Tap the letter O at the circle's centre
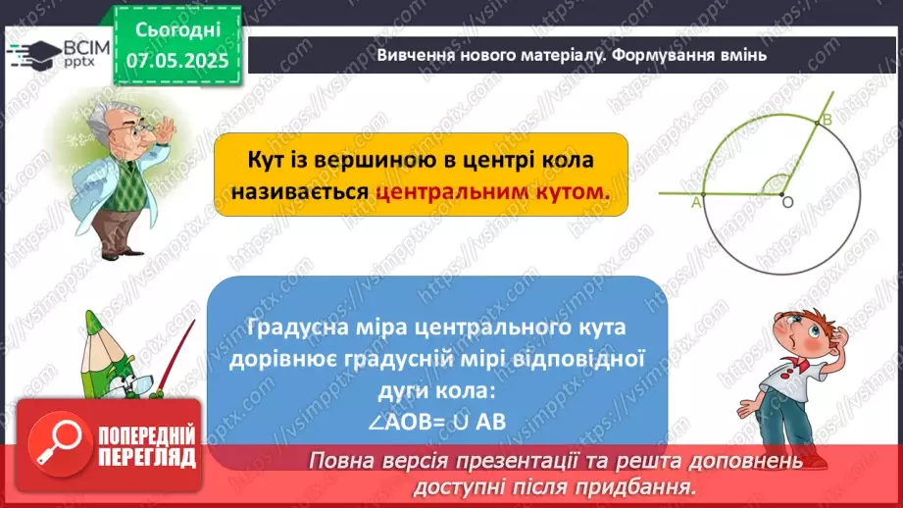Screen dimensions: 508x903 tap(786, 202)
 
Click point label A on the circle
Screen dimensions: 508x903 tap(696, 203)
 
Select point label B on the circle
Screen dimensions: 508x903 tap(827, 120)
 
